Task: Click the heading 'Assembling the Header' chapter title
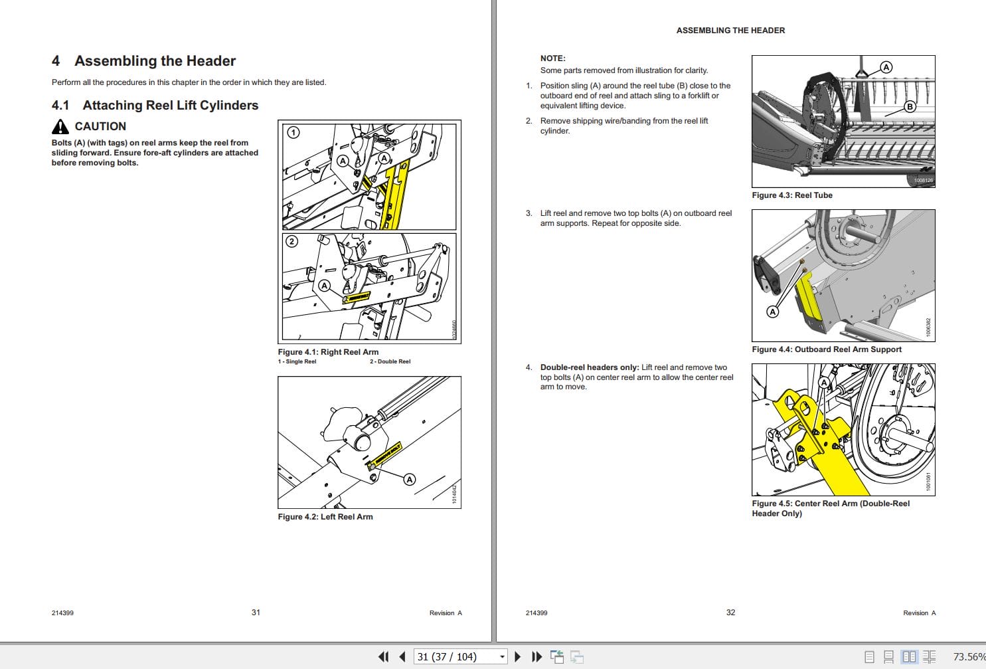[x=155, y=61]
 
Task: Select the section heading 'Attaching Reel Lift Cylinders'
[x=170, y=105]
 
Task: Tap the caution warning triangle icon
[x=60, y=126]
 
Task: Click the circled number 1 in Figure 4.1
[x=293, y=132]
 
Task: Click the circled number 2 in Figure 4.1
[x=291, y=241]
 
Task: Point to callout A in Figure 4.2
[x=410, y=479]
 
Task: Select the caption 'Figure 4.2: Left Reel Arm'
[x=325, y=517]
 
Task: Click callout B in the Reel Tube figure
[x=910, y=106]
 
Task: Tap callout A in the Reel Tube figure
[x=886, y=67]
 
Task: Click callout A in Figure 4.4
[x=772, y=312]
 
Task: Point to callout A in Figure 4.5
[x=824, y=383]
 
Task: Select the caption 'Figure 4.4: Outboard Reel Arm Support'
[x=827, y=349]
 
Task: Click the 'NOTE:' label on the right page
[x=552, y=58]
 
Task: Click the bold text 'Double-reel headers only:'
[x=590, y=367]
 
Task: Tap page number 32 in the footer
[x=730, y=613]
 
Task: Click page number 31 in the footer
[x=256, y=613]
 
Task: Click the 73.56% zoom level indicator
[x=968, y=657]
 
